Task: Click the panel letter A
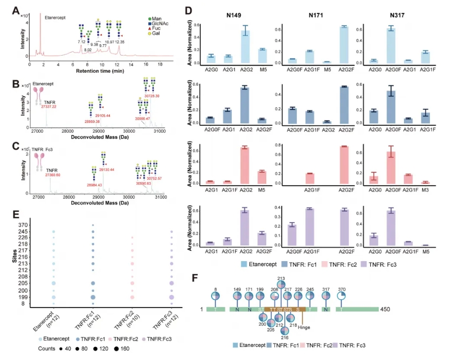tap(16, 10)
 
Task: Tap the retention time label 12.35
tap(120, 42)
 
